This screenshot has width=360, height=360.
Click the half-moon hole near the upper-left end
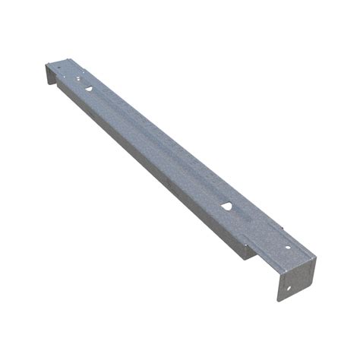tap(89, 89)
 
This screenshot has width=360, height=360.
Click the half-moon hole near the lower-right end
tap(227, 206)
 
